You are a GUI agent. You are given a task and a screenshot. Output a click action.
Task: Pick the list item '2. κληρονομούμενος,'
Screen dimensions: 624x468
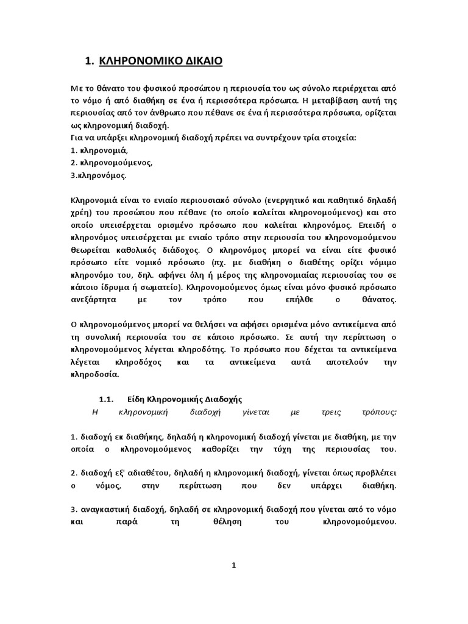point(112,163)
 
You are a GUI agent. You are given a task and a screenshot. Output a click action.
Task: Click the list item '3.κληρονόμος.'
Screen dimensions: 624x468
point(99,175)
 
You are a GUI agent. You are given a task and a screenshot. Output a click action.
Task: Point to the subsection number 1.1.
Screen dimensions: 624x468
point(107,400)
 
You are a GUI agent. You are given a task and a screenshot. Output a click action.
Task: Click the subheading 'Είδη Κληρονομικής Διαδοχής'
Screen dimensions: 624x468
point(185,400)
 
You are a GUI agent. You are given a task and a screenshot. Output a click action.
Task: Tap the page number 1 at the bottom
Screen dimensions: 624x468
point(233,565)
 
